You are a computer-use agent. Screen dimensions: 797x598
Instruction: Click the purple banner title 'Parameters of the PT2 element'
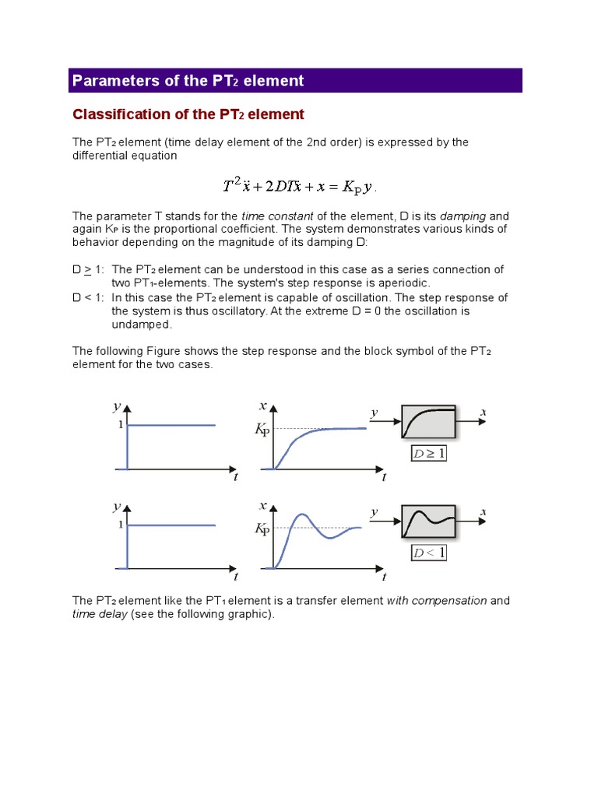click(187, 81)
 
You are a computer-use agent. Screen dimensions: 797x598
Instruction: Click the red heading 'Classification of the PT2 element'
click(188, 114)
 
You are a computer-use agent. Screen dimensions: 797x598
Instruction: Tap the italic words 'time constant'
click(277, 216)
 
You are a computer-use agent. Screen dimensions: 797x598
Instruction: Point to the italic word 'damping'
click(463, 216)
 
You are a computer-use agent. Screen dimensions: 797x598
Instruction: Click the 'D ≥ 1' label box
click(428, 453)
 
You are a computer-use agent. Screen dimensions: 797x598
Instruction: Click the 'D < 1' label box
click(428, 553)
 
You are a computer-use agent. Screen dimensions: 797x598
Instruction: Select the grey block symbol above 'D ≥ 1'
click(429, 423)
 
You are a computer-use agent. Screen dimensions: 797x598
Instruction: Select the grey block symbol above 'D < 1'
click(429, 522)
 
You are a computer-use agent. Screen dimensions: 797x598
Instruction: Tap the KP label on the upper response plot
click(262, 430)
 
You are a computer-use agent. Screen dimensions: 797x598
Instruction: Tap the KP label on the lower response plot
click(262, 529)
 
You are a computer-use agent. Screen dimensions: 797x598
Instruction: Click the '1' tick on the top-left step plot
click(121, 425)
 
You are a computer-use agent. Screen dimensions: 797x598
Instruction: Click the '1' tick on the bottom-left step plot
click(121, 525)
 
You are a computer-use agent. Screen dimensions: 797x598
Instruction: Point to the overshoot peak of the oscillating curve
click(301, 515)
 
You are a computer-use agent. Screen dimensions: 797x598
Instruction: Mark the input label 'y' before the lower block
click(375, 512)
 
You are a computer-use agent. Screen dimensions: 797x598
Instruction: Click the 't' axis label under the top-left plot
click(235, 477)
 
